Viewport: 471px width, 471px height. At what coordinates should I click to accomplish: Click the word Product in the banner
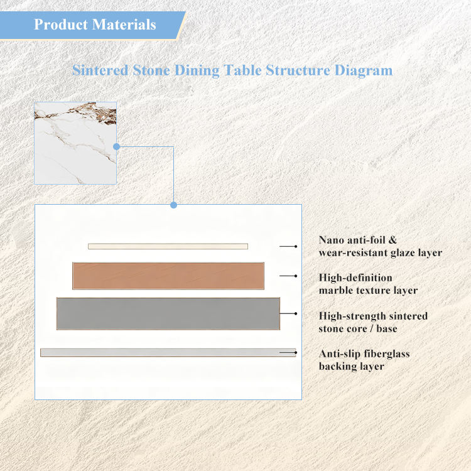pyautogui.click(x=61, y=24)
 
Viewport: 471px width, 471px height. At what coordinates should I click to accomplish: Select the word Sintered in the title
pyautogui.click(x=100, y=70)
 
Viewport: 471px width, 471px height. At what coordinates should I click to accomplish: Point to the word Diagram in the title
pyautogui.click(x=364, y=71)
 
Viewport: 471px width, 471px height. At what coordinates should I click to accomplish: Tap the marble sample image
pyautogui.click(x=75, y=143)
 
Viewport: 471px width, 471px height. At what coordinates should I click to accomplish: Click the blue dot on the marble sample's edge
pyautogui.click(x=117, y=146)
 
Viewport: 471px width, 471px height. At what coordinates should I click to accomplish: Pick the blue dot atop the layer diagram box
pyautogui.click(x=173, y=205)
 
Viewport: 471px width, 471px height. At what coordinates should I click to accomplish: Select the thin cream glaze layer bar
pyautogui.click(x=168, y=246)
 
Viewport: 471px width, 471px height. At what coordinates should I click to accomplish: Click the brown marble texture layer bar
pyautogui.click(x=168, y=276)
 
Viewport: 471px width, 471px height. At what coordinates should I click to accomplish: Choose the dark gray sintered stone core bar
pyautogui.click(x=168, y=313)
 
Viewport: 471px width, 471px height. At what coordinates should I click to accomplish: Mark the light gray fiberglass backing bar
pyautogui.click(x=168, y=352)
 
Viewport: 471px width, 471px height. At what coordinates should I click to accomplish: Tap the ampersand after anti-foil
pyautogui.click(x=392, y=240)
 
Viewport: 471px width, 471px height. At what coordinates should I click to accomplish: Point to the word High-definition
pyautogui.click(x=355, y=278)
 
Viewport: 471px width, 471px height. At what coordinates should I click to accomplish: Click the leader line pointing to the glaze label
pyautogui.click(x=288, y=246)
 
